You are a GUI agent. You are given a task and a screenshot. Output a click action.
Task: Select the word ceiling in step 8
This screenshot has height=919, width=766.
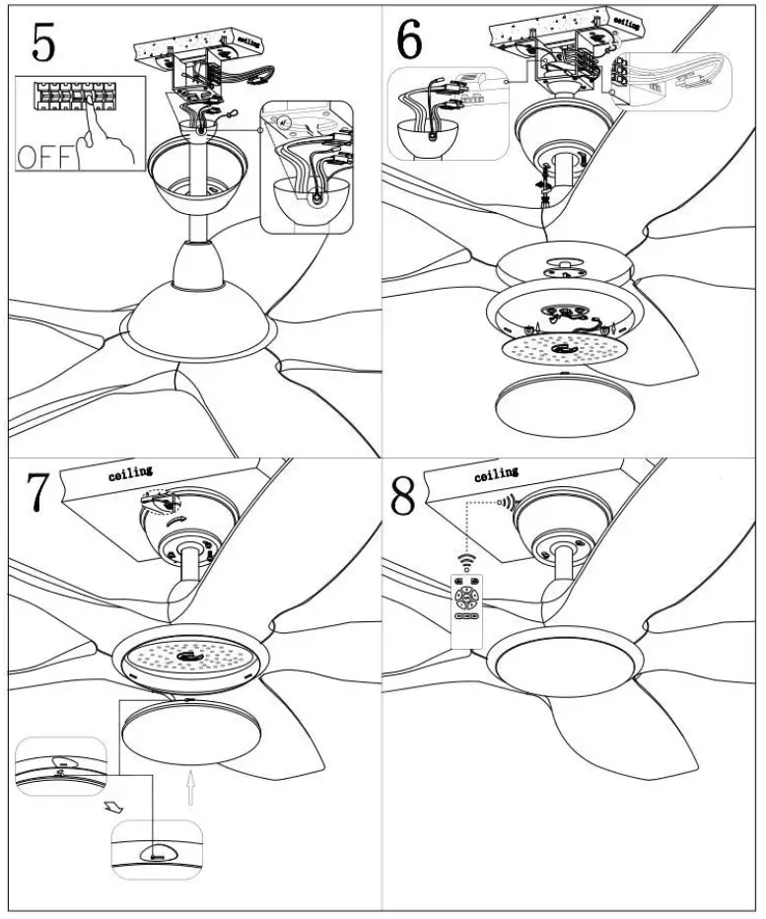coord(496,477)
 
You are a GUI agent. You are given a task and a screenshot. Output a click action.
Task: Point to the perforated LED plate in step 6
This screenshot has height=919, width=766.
coord(560,351)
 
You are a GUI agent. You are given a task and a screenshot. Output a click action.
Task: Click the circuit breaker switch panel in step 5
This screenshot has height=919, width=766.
coord(74,96)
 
